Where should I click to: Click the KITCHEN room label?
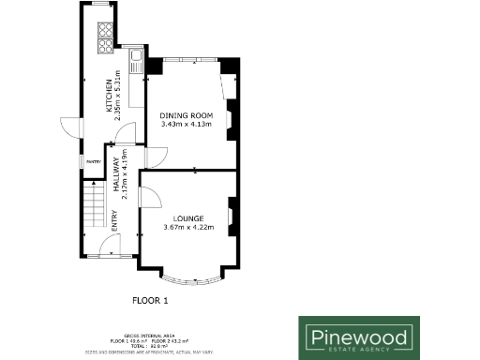pyautogui.click(x=109, y=97)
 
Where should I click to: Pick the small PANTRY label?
pyautogui.click(x=94, y=162)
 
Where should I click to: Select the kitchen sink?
pyautogui.click(x=137, y=64)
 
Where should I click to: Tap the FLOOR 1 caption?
pyautogui.click(x=150, y=301)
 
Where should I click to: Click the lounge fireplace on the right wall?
pyautogui.click(x=232, y=211)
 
